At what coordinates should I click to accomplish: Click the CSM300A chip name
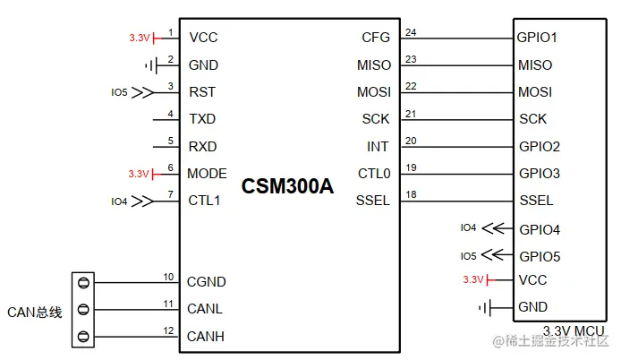click(286, 186)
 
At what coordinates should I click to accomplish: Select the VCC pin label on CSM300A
click(203, 38)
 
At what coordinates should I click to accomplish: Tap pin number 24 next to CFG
click(411, 32)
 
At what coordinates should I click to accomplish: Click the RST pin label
click(201, 92)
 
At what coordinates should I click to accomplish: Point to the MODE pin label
click(207, 174)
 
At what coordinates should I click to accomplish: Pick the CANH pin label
click(206, 337)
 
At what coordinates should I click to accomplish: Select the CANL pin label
click(205, 310)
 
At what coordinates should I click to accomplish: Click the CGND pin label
click(206, 282)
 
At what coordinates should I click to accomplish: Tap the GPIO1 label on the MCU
click(537, 38)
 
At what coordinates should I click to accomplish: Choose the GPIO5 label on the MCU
click(540, 255)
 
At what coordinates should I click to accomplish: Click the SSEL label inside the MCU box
click(536, 201)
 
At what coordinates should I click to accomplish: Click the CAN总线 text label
click(34, 312)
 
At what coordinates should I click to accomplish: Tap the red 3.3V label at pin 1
click(139, 38)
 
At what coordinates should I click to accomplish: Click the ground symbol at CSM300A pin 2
click(149, 65)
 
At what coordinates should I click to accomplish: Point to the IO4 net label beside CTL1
click(119, 201)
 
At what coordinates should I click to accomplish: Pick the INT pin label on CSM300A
click(379, 146)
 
